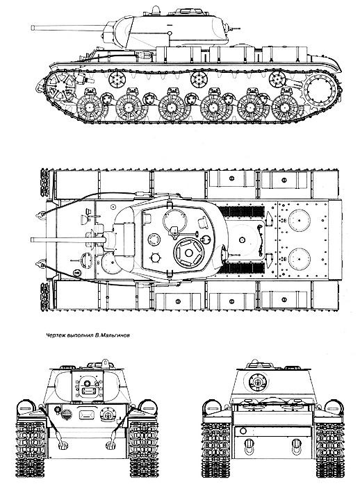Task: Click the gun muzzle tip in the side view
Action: [32, 28]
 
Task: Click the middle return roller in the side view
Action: [199, 80]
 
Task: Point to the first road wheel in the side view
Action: [90, 107]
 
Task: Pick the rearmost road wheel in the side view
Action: [284, 108]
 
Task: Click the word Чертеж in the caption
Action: [54, 335]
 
